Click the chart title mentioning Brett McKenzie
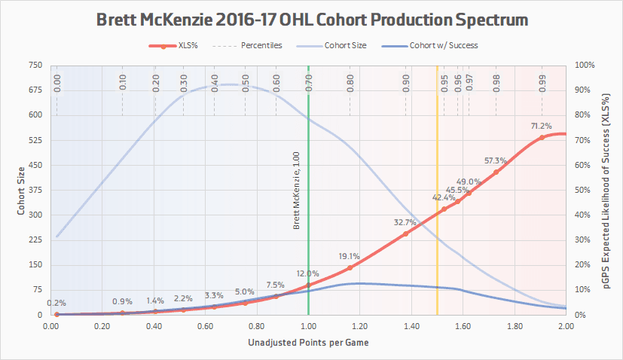(310, 18)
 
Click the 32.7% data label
(405, 223)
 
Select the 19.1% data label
(350, 256)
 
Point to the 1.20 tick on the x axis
(359, 327)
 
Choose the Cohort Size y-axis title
(20, 190)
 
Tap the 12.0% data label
(307, 273)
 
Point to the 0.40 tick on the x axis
(154, 327)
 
